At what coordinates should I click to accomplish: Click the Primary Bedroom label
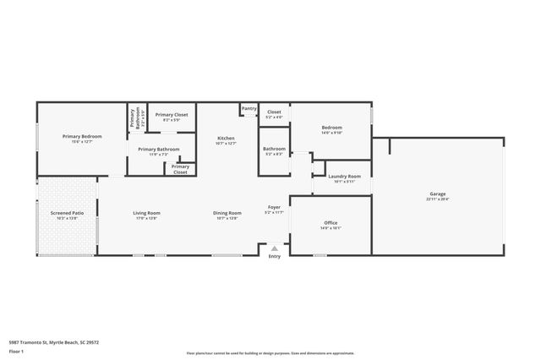coord(82,136)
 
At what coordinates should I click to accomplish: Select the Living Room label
coord(146,213)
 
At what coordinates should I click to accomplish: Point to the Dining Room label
coord(227,213)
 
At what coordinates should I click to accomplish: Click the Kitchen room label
coord(226,138)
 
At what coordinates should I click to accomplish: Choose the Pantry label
coord(249,108)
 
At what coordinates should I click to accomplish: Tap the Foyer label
coord(274,207)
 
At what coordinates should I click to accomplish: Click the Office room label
coord(331,222)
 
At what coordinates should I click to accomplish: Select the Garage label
coord(437,194)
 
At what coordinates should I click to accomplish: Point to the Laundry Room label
coord(343,176)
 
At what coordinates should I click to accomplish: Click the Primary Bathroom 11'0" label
coord(153,150)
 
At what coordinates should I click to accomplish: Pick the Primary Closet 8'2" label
coord(172,114)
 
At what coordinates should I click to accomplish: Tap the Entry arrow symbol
coord(274,249)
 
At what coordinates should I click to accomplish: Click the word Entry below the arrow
coord(274,257)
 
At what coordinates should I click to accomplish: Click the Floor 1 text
coord(16,351)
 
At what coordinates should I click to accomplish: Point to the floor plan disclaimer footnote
coord(270,353)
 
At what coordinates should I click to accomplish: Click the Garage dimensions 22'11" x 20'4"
coord(437,199)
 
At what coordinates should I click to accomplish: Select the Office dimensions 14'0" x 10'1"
coord(331,227)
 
